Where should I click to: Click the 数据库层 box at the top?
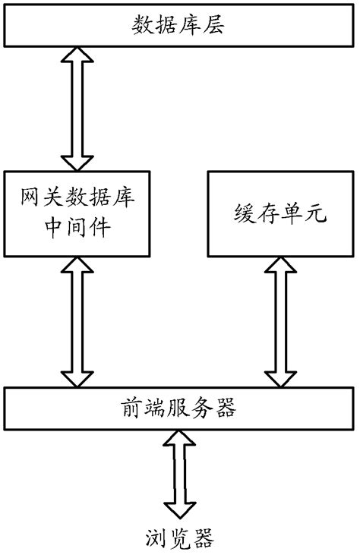coord(179,27)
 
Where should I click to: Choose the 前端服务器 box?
coord(179,409)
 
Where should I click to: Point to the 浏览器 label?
coord(179,538)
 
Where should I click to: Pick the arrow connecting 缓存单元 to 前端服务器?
coord(280,321)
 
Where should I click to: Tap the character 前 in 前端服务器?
coord(131,409)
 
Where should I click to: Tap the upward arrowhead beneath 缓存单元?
coord(280,267)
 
